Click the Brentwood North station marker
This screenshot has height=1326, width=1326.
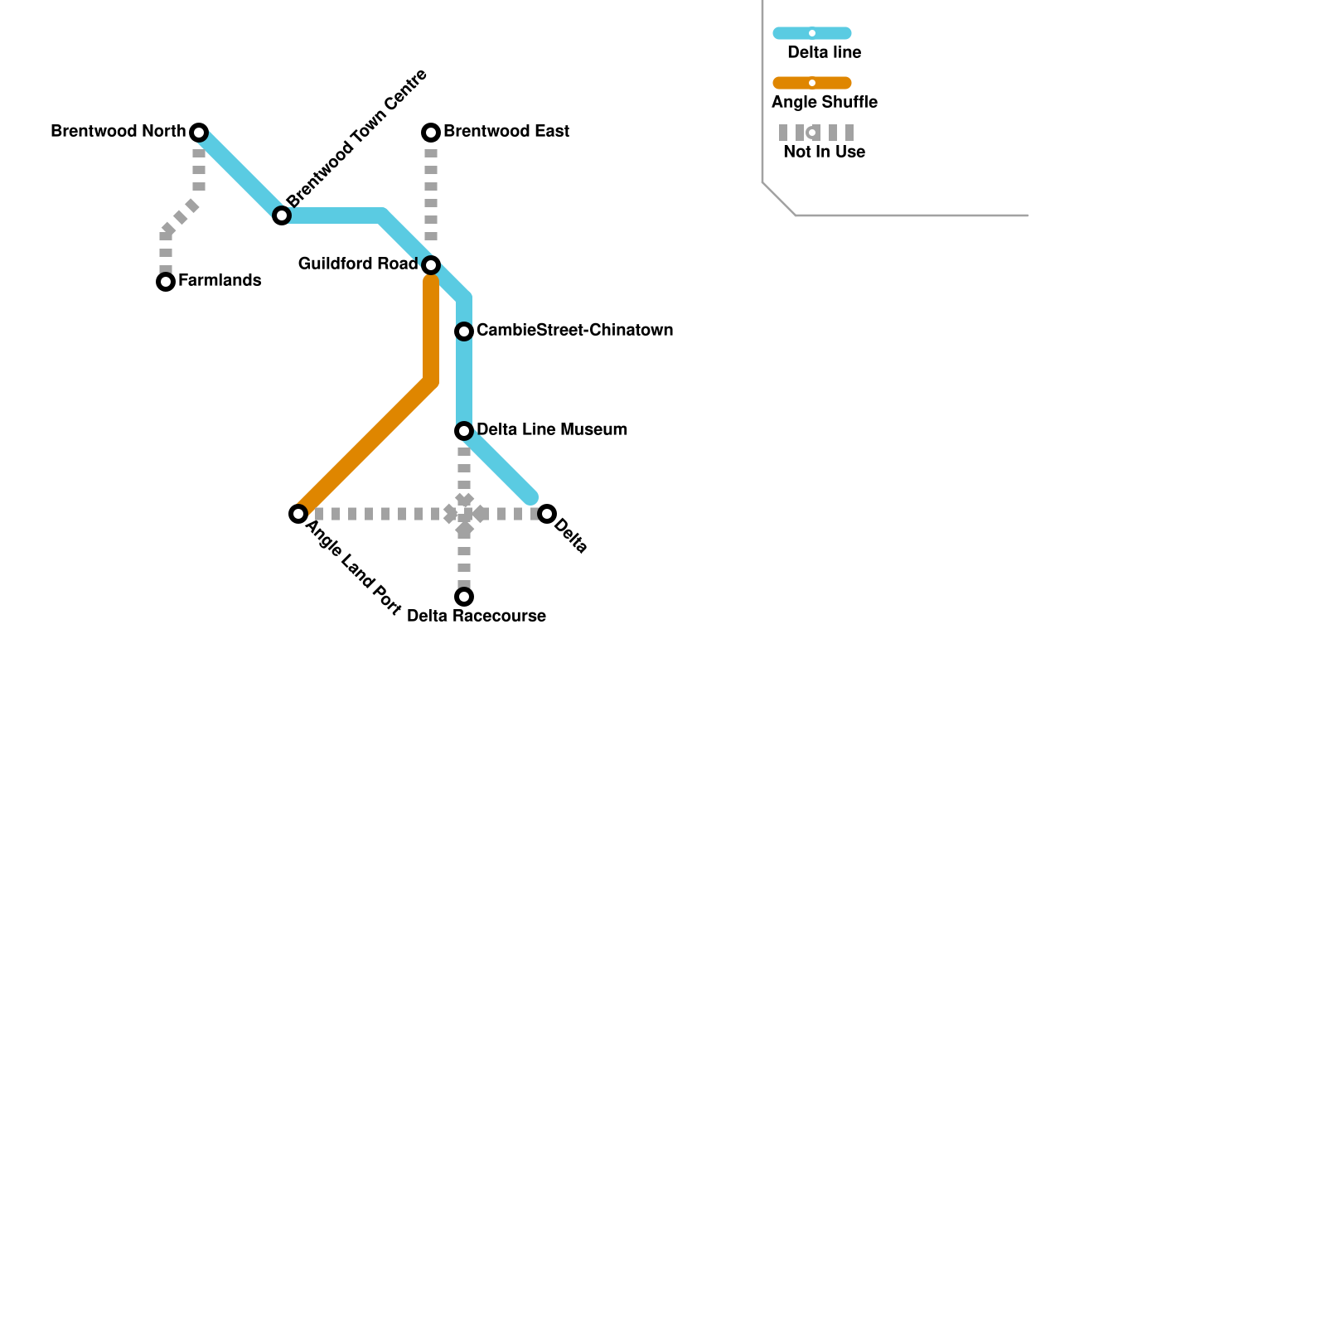tap(199, 133)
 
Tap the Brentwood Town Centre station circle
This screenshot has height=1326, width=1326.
tap(282, 215)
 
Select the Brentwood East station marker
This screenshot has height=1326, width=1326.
tap(431, 133)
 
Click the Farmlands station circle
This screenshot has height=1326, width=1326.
tap(166, 282)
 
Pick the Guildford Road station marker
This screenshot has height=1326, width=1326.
tap(431, 265)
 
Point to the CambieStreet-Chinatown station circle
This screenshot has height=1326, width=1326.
tap(464, 331)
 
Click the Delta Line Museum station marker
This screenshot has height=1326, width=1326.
tap(464, 431)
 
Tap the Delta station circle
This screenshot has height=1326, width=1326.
tap(547, 514)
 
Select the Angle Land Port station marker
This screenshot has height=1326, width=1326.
tap(298, 514)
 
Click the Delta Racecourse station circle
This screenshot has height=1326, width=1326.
tap(464, 597)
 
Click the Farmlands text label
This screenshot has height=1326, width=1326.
tap(220, 281)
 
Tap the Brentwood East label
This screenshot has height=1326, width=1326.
tap(506, 132)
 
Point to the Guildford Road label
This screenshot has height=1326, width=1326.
tap(358, 264)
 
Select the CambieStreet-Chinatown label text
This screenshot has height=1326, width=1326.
tap(574, 331)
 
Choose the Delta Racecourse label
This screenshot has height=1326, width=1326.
tap(477, 617)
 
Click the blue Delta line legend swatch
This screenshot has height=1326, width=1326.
tap(812, 33)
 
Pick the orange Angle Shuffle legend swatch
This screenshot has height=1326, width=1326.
tap(812, 83)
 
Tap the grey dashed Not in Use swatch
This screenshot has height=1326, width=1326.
tap(815, 133)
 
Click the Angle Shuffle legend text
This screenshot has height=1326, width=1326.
tap(825, 103)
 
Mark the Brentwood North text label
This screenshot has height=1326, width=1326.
tap(119, 132)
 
